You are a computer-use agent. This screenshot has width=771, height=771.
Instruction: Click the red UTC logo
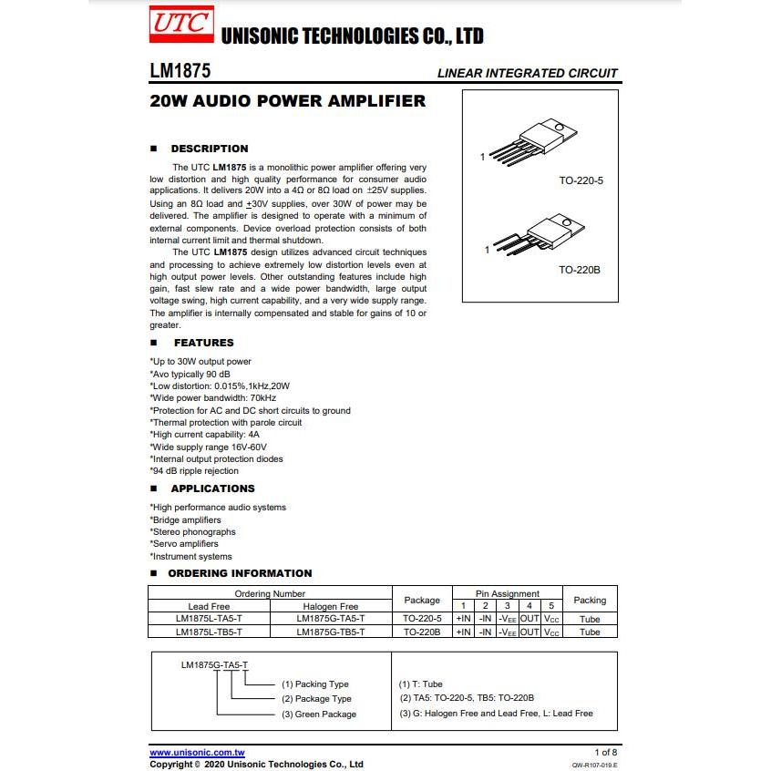[x=180, y=25]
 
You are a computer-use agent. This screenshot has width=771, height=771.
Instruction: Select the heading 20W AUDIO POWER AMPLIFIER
[x=287, y=101]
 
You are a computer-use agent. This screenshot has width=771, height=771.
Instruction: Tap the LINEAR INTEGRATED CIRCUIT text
[x=527, y=73]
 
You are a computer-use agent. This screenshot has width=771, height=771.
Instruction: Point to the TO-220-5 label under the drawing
[x=581, y=180]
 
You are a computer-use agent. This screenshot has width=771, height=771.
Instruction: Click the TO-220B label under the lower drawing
[x=580, y=271]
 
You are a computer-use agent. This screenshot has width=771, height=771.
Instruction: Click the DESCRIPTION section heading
[x=209, y=149]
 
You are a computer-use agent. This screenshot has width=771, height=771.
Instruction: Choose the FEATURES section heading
[x=203, y=343]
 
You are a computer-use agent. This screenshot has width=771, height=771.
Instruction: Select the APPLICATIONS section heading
[x=212, y=488]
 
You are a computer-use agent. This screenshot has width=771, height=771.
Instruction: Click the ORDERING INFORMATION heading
[x=240, y=573]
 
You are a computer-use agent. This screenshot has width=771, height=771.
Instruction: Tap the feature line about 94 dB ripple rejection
[x=194, y=471]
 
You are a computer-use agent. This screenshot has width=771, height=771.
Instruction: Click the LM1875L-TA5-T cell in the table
[x=209, y=619]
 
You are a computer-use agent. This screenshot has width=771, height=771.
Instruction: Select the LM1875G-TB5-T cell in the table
[x=330, y=632]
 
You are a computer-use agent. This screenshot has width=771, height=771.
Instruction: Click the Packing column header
[x=590, y=600]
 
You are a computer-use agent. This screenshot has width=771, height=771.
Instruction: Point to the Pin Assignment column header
[x=508, y=593]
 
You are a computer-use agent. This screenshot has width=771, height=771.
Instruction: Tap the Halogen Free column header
[x=330, y=606]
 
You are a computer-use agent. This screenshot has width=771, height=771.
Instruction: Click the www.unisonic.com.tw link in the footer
[x=197, y=753]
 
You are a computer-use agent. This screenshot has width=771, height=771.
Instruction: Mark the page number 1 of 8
[x=605, y=753]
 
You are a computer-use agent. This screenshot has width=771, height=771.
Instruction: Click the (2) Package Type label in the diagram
[x=316, y=699]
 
